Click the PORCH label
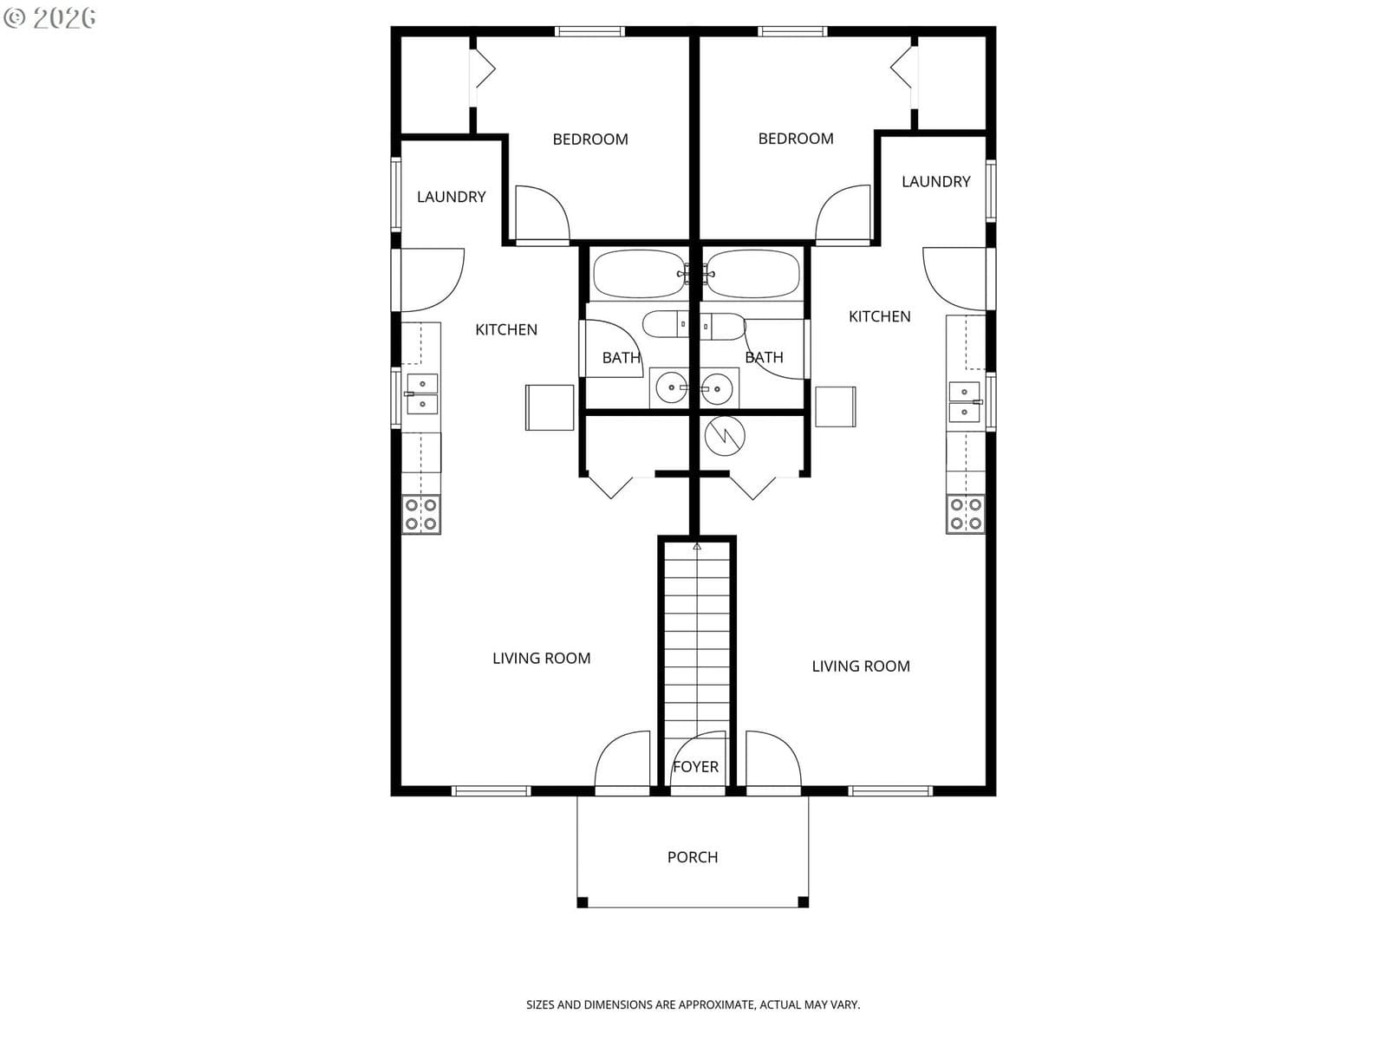[693, 857]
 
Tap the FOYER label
[696, 767]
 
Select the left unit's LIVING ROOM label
[542, 658]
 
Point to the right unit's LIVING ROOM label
[861, 666]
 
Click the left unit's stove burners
[421, 514]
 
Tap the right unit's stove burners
[965, 514]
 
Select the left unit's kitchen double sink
[421, 394]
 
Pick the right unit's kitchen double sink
[965, 401]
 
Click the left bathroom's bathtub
[639, 274]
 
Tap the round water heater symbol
[725, 436]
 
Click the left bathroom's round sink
[671, 387]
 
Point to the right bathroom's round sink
[717, 387]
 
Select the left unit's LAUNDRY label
[451, 197]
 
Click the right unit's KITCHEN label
[880, 316]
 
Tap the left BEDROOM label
[590, 139]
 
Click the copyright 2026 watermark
[49, 17]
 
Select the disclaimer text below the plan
[693, 1004]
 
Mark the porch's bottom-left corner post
[583, 902]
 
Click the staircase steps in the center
[697, 638]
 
